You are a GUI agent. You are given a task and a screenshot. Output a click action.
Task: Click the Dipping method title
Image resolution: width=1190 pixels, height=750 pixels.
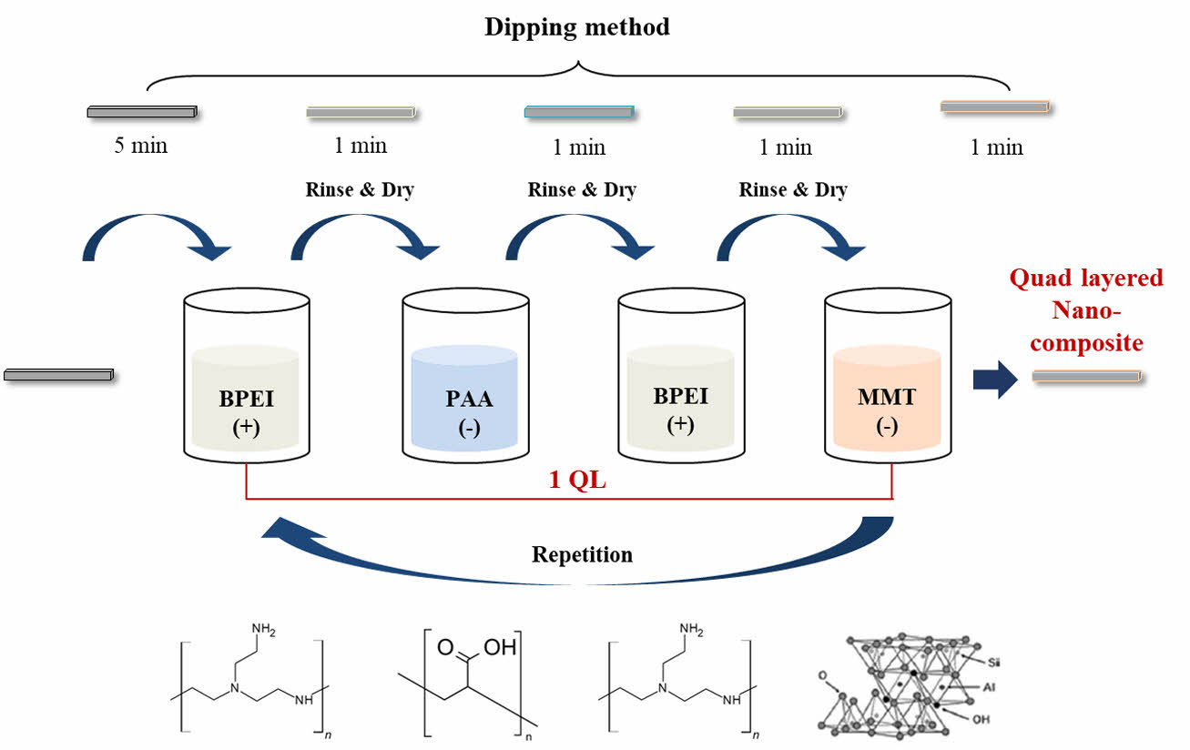click(x=576, y=27)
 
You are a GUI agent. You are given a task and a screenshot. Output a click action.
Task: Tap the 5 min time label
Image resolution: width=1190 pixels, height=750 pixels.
click(x=140, y=146)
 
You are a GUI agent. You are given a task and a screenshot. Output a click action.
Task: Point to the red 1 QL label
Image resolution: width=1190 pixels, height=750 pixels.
click(x=577, y=481)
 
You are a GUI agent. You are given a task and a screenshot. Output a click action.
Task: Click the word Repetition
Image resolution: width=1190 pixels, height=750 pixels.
click(x=582, y=554)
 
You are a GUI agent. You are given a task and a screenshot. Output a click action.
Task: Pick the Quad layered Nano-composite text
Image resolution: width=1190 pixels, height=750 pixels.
click(x=1085, y=311)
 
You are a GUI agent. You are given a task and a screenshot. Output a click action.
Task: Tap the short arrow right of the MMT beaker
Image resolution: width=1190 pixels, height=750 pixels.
click(x=995, y=378)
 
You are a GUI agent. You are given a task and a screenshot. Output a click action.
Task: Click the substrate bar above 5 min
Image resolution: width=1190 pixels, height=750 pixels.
click(x=142, y=112)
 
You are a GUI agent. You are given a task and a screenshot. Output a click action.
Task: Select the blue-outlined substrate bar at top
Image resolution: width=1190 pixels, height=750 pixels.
click(x=580, y=112)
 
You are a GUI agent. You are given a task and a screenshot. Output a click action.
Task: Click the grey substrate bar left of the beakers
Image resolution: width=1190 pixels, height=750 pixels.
click(x=58, y=374)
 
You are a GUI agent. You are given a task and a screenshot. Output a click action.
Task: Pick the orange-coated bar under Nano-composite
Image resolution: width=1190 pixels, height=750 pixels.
click(x=1085, y=376)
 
